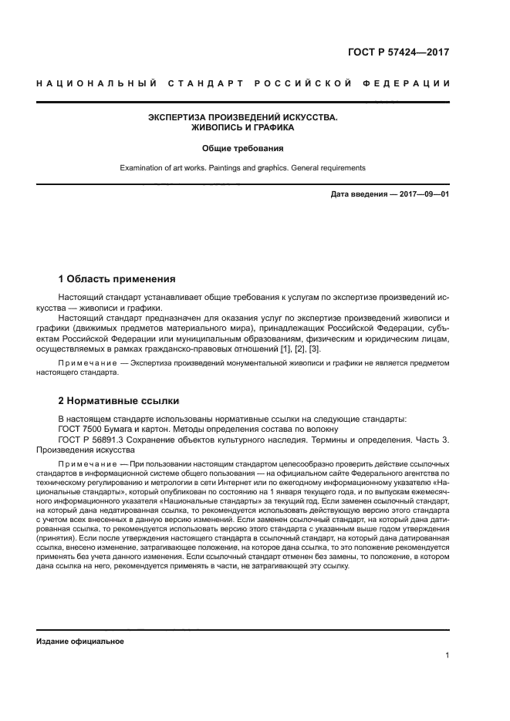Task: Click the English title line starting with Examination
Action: [x=243, y=167]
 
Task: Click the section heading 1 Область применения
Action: [x=117, y=278]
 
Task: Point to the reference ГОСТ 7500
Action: [x=82, y=429]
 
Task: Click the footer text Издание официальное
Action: [x=79, y=642]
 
